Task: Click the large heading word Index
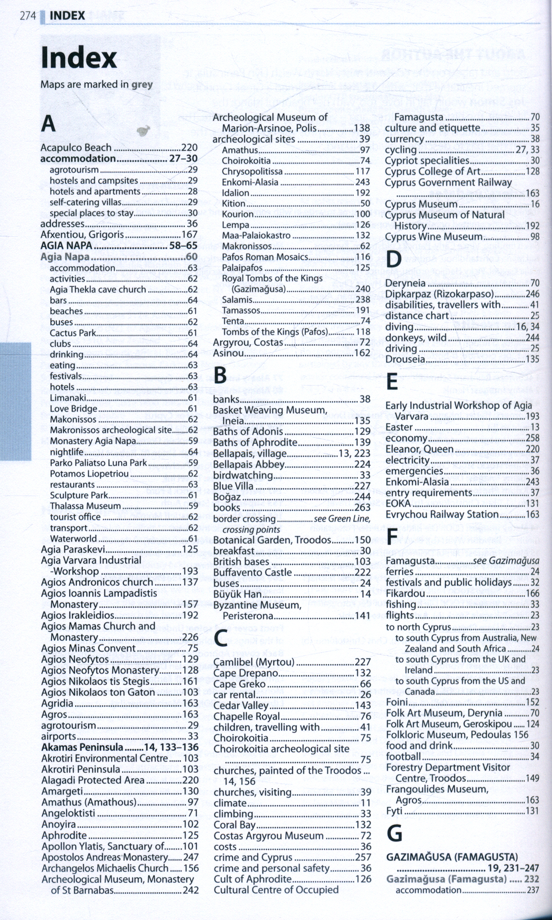coord(79,58)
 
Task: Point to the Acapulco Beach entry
coord(76,148)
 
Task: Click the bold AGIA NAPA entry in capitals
coord(66,246)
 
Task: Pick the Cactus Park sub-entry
coord(73,333)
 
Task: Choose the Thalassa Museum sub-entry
coord(85,506)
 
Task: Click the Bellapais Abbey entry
coord(248,465)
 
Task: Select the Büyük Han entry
coord(237,594)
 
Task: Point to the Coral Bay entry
coord(234,825)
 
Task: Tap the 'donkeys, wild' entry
coord(416,338)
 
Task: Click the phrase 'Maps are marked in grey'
coord(96,84)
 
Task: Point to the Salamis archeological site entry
coord(237,300)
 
